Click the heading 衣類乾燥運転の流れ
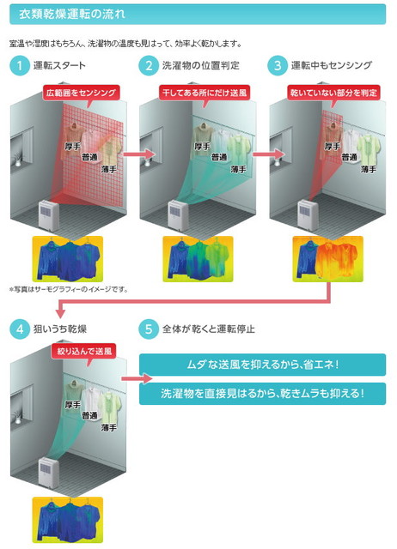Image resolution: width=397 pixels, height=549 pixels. coord(71,15)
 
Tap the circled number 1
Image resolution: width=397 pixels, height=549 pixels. coord(20,65)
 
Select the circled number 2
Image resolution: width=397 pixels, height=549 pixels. coord(149,65)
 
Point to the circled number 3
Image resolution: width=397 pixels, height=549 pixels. coord(278,65)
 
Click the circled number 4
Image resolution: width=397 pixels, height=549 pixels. coord(20,329)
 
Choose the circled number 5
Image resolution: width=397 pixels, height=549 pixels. coord(149,329)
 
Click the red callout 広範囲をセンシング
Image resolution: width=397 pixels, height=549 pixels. coord(82,93)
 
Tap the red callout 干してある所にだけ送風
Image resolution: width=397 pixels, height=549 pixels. coord(205,93)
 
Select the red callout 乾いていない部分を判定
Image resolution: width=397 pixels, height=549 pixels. coord(333,93)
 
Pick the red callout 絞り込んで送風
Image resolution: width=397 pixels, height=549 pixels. coord(84,351)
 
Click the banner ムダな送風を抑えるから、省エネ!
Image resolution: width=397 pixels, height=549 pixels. coord(262,365)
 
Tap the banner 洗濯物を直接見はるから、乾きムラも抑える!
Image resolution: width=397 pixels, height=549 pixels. coord(262,394)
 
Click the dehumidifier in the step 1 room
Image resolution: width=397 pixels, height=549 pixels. coord(49,215)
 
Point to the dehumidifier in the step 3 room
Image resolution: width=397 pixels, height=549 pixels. coord(308,215)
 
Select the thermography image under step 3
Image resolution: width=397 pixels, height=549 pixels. coord(328,259)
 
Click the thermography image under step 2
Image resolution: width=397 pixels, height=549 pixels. coord(198,259)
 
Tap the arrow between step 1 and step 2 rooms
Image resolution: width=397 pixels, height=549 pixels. coord(139,154)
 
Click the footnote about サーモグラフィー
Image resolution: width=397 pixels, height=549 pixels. coord(69,290)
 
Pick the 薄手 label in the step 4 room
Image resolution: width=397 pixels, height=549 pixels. coord(109,427)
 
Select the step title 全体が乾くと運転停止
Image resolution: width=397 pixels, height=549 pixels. coord(208,329)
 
